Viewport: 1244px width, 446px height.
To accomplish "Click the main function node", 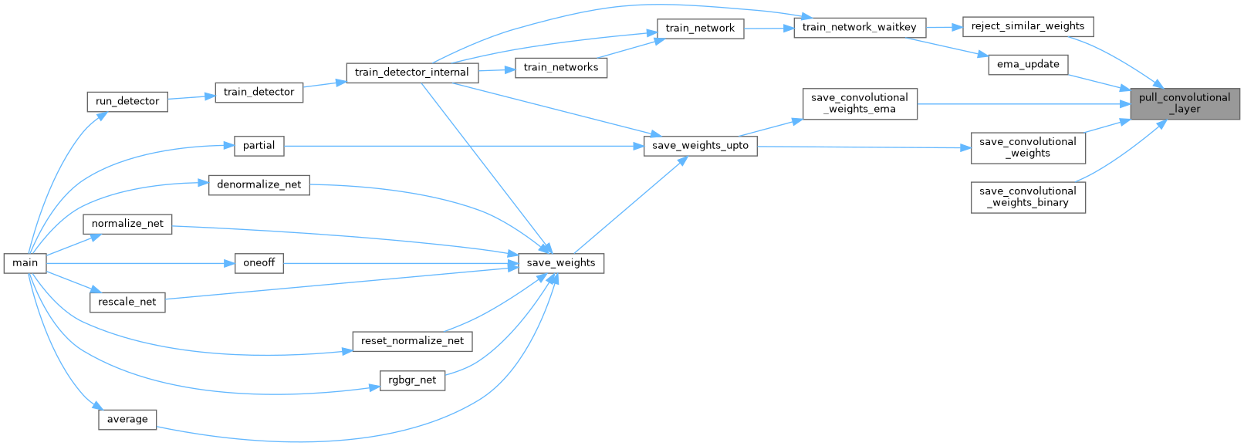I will coord(25,263).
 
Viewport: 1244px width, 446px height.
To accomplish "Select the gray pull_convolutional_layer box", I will coord(1185,103).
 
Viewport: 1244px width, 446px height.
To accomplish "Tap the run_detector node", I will coord(127,101).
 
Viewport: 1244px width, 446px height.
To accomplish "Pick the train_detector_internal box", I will coord(411,73).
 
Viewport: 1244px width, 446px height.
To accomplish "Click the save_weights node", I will coord(560,263).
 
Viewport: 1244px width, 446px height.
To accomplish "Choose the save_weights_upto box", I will coord(700,145).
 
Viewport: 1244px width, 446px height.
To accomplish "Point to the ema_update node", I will coord(1027,64).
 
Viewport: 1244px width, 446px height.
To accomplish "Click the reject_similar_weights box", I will coord(1027,26).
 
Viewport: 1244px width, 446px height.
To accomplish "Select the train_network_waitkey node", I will coord(859,27).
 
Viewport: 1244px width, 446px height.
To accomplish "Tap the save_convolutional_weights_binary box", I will coord(1027,197).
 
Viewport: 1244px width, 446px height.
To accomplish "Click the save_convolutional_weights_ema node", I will coord(859,103).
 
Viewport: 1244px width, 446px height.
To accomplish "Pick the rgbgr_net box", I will coord(412,380).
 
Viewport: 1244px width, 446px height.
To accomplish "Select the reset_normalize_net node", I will coord(412,341).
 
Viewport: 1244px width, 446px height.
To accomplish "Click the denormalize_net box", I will coord(259,185).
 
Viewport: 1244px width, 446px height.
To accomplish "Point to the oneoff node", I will coord(259,263).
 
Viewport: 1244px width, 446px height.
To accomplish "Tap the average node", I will coord(127,420).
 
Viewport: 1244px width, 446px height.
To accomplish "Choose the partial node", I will coord(259,145).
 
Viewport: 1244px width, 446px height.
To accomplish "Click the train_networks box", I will coord(560,67).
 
